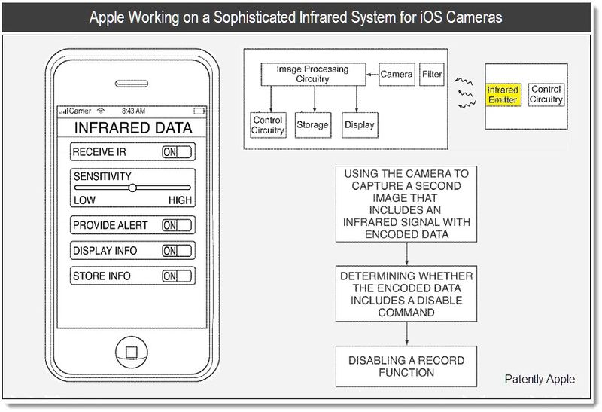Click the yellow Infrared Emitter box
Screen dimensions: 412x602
tap(503, 95)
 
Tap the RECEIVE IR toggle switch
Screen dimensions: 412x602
tap(177, 152)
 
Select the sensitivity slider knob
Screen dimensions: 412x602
tap(132, 188)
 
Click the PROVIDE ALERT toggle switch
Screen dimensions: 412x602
tap(178, 225)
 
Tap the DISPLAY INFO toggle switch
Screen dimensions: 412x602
tap(178, 251)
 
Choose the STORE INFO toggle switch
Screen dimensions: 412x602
tap(178, 276)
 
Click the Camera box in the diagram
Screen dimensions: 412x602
tap(397, 75)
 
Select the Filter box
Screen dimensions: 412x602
tap(432, 75)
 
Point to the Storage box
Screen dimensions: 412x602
tap(312, 125)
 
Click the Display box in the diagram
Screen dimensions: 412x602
tap(359, 125)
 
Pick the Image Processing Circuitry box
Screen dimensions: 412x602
tap(314, 74)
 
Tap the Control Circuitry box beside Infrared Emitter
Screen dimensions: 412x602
tap(546, 95)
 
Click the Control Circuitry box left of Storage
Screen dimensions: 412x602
tap(267, 125)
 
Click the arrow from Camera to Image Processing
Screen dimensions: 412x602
tap(372, 75)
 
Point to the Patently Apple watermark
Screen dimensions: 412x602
tap(540, 379)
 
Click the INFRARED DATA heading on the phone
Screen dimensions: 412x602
tap(132, 128)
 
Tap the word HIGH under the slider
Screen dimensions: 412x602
tap(180, 200)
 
